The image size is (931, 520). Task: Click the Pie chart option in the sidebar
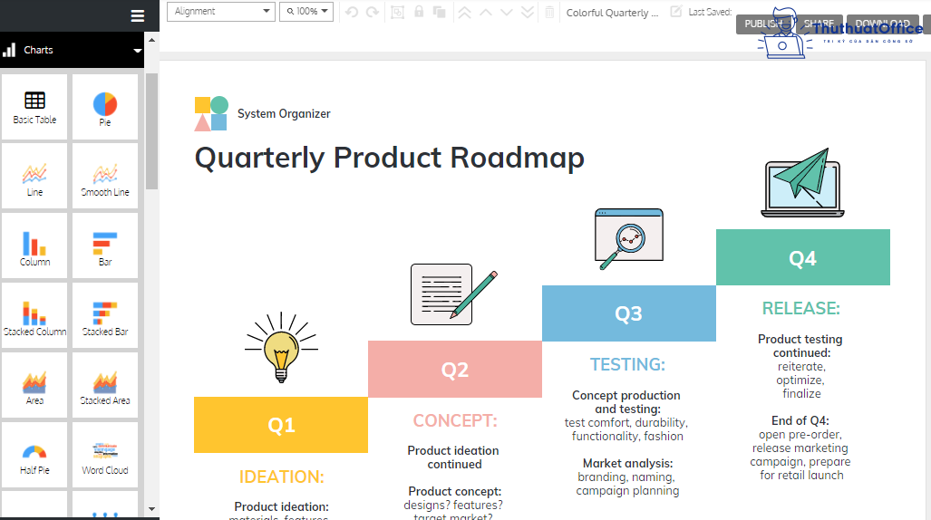105,108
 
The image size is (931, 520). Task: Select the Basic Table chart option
34,108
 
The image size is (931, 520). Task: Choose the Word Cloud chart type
105,457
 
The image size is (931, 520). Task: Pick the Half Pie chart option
34,457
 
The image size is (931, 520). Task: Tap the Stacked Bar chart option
105,318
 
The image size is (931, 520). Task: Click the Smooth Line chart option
105,178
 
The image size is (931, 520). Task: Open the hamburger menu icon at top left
138,15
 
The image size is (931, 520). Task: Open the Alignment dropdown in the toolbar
221,12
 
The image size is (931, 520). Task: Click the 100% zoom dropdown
306,12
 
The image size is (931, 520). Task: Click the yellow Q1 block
281,425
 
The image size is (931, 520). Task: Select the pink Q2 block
454,370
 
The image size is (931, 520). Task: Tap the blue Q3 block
628,313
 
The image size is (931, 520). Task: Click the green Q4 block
802,258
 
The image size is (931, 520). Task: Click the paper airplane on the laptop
803,176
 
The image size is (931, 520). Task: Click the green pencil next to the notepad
480,294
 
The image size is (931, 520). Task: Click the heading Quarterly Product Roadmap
389,158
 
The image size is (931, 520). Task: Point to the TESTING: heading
627,364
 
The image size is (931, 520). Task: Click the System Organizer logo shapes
211,113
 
